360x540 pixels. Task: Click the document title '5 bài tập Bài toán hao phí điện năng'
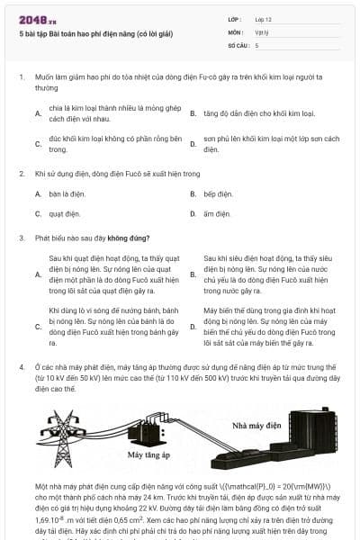point(77,31)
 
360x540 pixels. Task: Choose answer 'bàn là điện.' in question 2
point(61,193)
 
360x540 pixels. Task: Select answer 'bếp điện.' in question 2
point(218,193)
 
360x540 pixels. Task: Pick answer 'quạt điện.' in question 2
point(61,213)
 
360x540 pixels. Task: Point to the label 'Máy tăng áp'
point(148,455)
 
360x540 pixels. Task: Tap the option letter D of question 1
point(193,144)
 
